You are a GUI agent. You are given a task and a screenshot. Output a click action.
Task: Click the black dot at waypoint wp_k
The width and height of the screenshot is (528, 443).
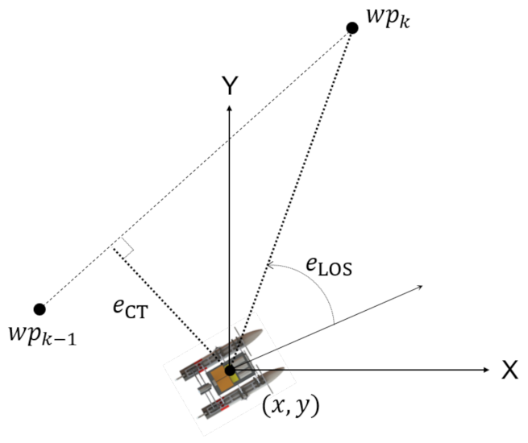tap(352, 28)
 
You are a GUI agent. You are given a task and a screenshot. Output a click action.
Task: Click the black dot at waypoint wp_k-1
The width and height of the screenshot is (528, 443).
tap(39, 308)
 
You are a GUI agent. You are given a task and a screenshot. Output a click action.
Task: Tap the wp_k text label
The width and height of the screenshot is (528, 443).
tap(388, 18)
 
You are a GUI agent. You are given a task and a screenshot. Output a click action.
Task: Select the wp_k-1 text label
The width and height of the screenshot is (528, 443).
tap(43, 335)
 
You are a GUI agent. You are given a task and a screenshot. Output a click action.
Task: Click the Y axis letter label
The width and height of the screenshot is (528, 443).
tap(230, 85)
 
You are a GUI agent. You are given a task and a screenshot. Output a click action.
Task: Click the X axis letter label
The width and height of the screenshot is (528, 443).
tap(509, 370)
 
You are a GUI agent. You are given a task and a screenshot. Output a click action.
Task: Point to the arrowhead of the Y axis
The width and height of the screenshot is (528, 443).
tap(229, 108)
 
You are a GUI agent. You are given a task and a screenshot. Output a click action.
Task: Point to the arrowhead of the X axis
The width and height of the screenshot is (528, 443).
tap(486, 370)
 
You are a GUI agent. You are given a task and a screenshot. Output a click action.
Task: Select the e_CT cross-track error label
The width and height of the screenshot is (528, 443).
tap(131, 308)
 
